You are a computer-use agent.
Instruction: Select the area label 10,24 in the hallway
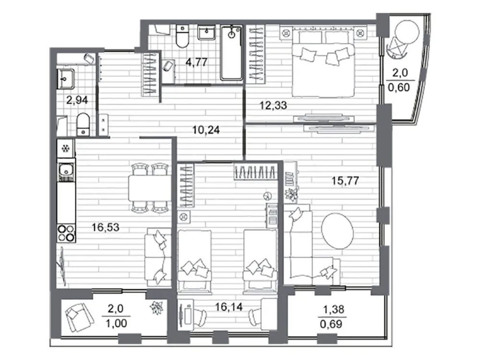pos(204,130)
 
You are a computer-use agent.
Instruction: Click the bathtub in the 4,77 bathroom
pos(232,53)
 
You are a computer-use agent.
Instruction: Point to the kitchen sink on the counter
pos(65,169)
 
